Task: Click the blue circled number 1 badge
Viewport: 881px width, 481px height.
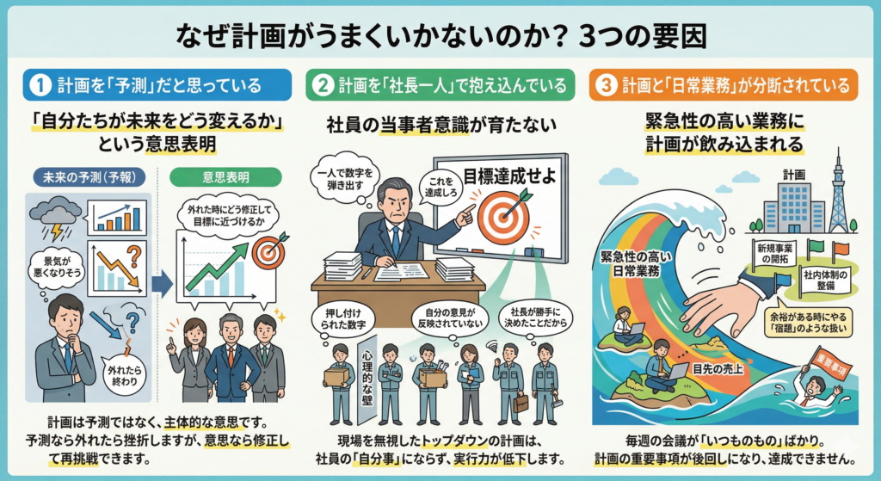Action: click(40, 85)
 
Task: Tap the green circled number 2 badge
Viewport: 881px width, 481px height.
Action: click(323, 85)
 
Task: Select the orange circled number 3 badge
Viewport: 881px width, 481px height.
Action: click(607, 85)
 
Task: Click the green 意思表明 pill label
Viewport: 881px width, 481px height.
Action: click(226, 177)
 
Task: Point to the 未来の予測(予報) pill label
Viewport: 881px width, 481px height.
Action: click(89, 177)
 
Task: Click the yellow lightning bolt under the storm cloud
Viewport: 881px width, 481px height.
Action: click(57, 231)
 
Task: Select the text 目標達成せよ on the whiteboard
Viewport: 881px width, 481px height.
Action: click(509, 176)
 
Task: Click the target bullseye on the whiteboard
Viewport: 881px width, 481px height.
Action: click(502, 216)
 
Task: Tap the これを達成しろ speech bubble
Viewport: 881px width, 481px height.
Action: click(440, 187)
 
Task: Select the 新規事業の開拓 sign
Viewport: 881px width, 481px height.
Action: click(775, 254)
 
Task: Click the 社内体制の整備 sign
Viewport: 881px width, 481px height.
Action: click(825, 281)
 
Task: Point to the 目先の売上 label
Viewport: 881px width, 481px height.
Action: click(718, 369)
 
